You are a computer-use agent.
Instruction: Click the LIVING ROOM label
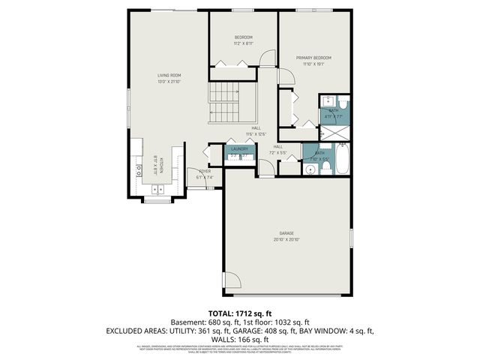coord(169,76)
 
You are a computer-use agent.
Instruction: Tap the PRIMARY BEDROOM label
coord(313,58)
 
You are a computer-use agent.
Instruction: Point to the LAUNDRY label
coord(240,149)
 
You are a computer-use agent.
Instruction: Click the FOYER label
coord(205,172)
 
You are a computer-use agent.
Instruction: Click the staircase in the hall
coord(223,104)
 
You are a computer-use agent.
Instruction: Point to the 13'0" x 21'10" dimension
coord(169,81)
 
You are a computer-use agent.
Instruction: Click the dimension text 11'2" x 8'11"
coord(243,43)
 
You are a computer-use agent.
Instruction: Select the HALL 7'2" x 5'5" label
coord(278,149)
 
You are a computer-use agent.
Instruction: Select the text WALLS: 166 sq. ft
coord(240,338)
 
